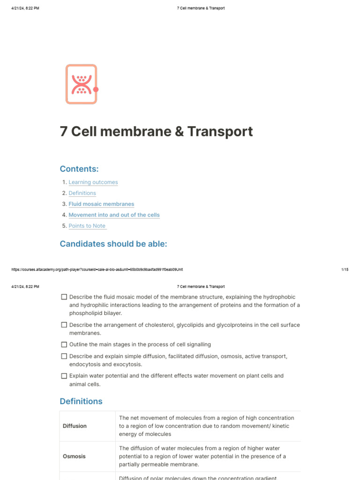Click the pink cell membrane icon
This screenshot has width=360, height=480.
[81, 84]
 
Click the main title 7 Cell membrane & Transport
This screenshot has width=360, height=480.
[156, 131]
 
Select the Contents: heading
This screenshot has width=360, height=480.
[79, 169]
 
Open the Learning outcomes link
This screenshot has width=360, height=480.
[93, 182]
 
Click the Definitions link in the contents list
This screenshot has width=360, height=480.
[82, 193]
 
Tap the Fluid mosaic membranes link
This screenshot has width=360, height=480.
[101, 204]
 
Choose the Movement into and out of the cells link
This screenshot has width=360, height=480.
[114, 215]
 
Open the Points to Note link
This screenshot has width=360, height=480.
[87, 225]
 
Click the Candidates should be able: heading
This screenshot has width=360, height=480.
[113, 244]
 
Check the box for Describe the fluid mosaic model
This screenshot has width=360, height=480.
[64, 297]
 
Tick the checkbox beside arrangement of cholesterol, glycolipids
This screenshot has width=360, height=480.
[64, 325]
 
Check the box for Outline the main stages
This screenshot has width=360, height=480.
[64, 345]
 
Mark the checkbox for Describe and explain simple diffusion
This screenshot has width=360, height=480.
[64, 356]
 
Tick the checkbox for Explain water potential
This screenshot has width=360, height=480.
[64, 376]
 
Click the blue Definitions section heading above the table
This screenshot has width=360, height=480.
[81, 401]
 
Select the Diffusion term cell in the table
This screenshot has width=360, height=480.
[75, 426]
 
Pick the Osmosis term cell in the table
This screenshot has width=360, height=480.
[75, 456]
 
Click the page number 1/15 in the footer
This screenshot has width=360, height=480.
[345, 270]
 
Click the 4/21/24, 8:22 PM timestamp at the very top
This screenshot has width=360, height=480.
[25, 8]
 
